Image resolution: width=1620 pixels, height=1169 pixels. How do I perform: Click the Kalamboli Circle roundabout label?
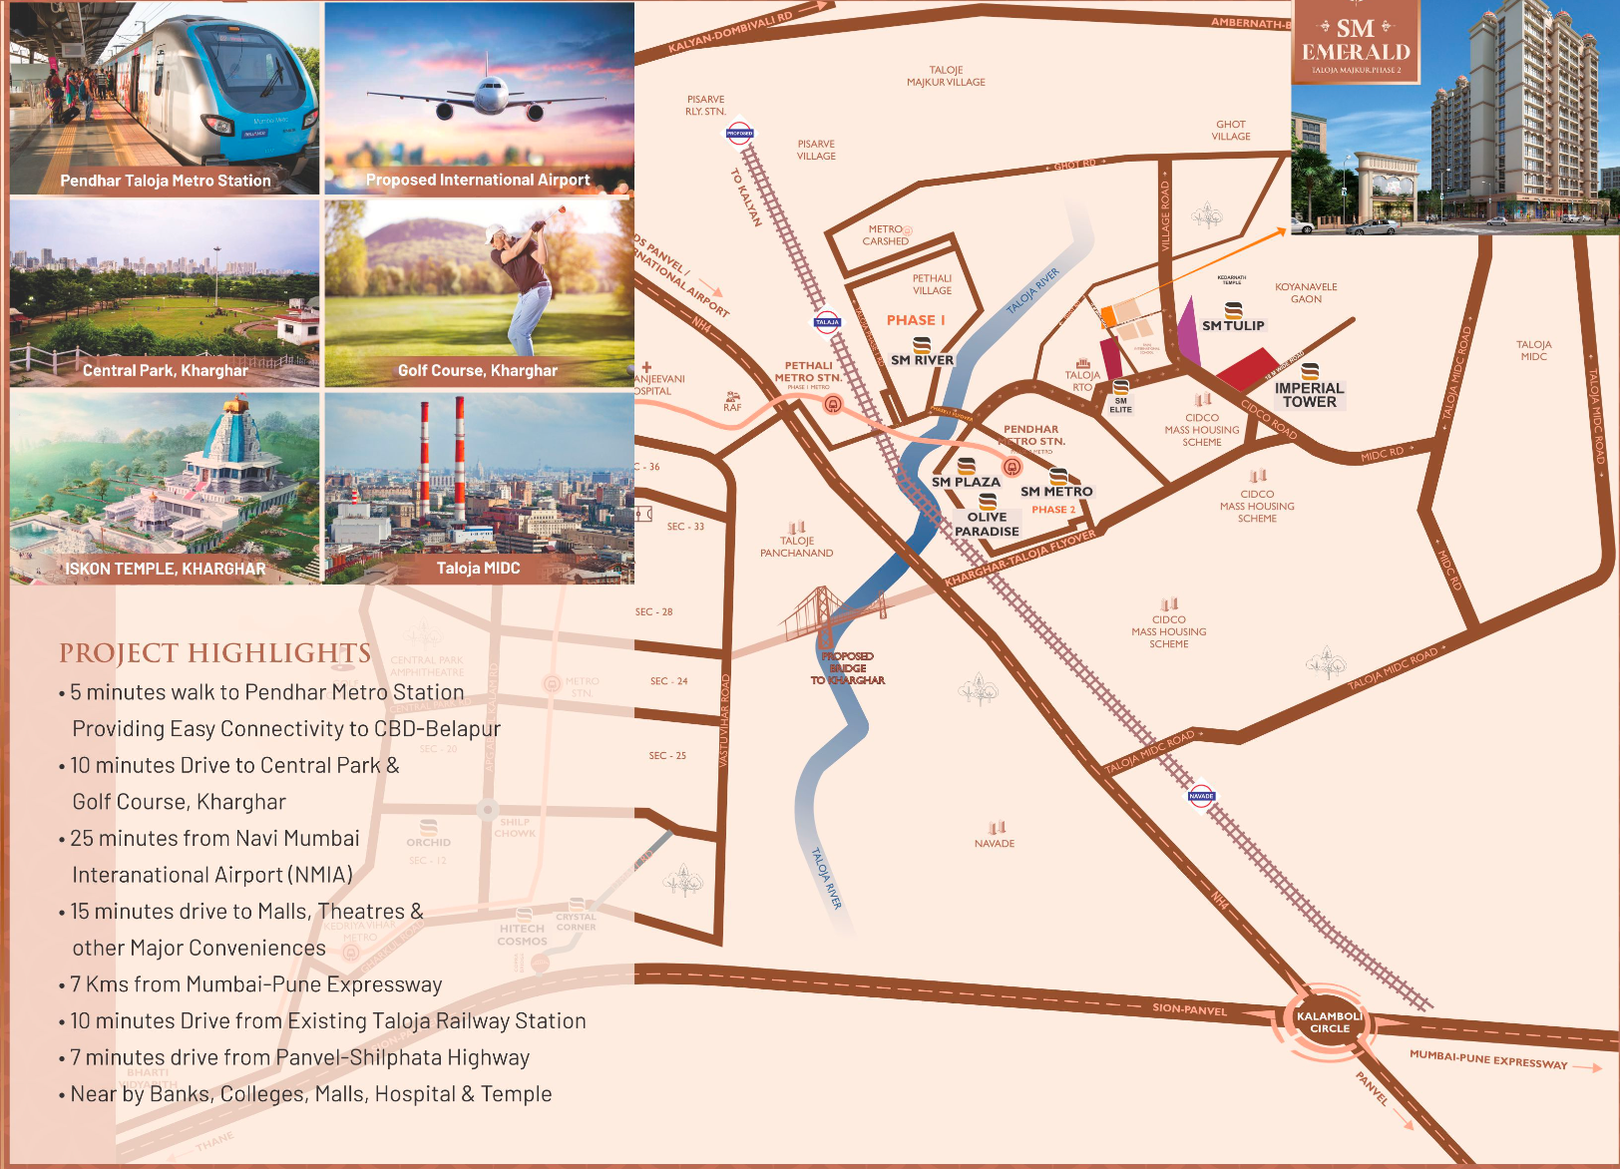(x=1329, y=1022)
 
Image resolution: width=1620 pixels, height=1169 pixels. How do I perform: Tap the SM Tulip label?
(x=1233, y=325)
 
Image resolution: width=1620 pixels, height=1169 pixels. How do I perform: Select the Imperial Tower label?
(x=1309, y=395)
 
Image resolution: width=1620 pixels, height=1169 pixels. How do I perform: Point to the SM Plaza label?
(x=966, y=482)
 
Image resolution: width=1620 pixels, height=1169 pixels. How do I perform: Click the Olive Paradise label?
(x=987, y=525)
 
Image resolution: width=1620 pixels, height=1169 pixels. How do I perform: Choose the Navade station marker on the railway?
(x=1201, y=796)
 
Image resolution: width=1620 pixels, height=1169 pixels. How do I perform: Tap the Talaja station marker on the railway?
(x=827, y=322)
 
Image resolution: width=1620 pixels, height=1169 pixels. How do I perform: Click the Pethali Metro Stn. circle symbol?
(x=832, y=404)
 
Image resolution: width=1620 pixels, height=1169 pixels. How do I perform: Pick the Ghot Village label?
(x=1231, y=131)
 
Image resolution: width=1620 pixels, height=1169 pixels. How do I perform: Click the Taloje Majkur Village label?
(x=946, y=77)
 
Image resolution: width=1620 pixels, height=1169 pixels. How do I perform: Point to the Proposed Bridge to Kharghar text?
(x=848, y=668)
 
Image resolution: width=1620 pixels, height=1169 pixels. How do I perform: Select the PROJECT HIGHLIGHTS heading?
(x=214, y=653)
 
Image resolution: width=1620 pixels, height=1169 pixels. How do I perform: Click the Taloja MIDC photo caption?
(x=478, y=569)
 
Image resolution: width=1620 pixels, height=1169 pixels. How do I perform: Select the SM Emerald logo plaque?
(x=1356, y=43)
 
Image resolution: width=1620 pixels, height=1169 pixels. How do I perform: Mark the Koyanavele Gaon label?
(x=1306, y=293)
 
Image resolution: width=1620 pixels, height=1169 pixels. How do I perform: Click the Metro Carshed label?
(x=886, y=235)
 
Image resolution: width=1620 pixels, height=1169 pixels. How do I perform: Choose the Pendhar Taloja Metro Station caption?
(x=166, y=181)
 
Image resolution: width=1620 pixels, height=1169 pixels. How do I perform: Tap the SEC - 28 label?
(x=653, y=612)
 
